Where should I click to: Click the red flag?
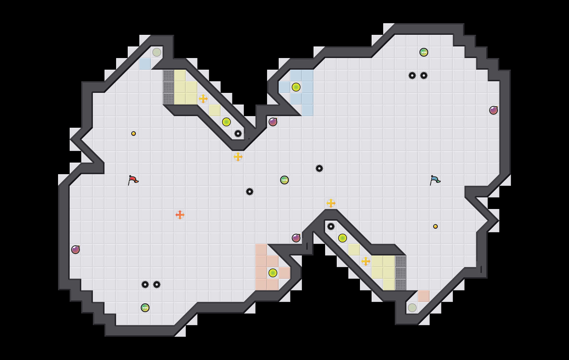point(133,180)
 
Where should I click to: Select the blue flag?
point(435,180)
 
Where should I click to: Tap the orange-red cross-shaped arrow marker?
point(180,215)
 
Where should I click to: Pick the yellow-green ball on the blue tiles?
point(296,87)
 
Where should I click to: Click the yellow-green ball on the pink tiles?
point(273,273)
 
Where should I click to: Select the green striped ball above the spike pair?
point(424,52)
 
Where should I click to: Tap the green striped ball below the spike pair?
point(145,308)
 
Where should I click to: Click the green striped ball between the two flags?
point(284,180)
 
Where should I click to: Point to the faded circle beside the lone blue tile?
point(157,52)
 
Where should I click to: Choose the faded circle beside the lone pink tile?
point(412,308)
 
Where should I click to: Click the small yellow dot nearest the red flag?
point(134,134)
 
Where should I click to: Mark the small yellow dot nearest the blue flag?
point(435,226)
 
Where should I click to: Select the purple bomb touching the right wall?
point(494,110)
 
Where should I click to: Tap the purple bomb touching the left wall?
point(75,250)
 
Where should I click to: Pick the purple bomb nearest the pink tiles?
point(296,238)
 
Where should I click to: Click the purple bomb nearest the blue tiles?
point(273,122)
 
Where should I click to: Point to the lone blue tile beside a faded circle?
point(145,64)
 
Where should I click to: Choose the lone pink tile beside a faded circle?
point(424,296)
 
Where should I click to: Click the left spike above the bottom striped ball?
point(145,285)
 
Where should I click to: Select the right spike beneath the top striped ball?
point(424,75)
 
